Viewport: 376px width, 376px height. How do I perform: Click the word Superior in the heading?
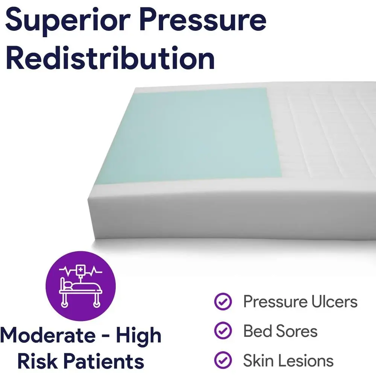tap(68, 20)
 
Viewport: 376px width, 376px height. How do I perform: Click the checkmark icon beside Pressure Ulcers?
tap(223, 302)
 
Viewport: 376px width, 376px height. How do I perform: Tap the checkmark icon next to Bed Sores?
tap(223, 331)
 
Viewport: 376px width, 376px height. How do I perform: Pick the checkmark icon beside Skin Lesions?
tap(223, 360)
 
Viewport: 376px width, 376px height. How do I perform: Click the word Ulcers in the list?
tap(334, 302)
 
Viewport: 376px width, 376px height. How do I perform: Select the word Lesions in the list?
tap(303, 361)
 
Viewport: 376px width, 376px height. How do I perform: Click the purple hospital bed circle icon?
tap(80, 286)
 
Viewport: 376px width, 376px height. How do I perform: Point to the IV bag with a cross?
tap(80, 270)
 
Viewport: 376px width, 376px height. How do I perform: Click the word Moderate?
tap(48, 335)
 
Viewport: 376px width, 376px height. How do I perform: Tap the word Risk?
tap(37, 361)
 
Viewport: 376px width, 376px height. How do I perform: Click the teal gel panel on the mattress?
tap(192, 134)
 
